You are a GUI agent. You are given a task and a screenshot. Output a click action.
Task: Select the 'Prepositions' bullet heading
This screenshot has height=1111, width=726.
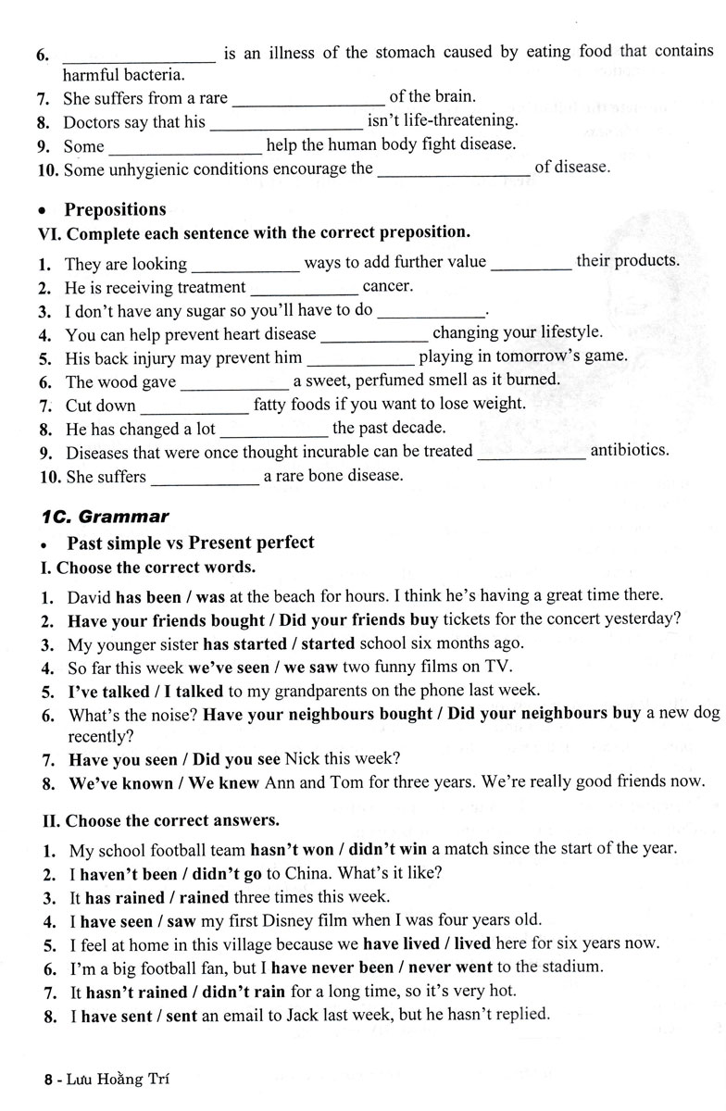click(115, 209)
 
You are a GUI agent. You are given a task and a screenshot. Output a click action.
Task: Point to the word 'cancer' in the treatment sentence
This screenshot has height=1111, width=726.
click(387, 287)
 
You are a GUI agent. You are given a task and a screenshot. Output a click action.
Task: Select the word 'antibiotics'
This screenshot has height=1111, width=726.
click(629, 451)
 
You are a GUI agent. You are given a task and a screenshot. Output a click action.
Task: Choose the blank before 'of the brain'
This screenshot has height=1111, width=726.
click(306, 96)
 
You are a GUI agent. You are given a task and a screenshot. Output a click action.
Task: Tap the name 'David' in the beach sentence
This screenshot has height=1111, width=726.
click(90, 595)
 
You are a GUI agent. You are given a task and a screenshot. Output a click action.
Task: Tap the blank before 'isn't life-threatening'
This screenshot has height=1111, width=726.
click(285, 121)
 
